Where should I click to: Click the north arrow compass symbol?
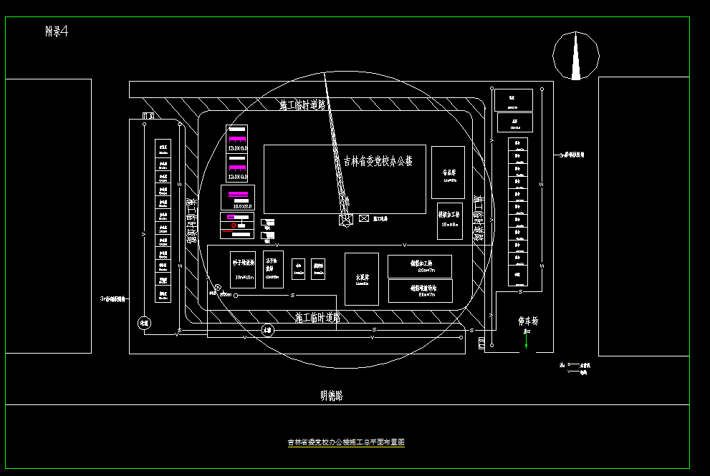tap(576, 55)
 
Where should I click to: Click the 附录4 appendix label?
tap(56, 31)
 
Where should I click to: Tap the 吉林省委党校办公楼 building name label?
tap(378, 161)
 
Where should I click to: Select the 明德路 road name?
tap(332, 395)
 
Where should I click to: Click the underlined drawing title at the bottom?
tap(346, 442)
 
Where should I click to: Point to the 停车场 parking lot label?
tap(528, 321)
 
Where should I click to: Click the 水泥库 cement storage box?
tap(362, 278)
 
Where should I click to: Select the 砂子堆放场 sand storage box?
tap(244, 270)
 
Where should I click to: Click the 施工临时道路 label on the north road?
tap(302, 105)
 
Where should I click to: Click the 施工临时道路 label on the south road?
tap(317, 316)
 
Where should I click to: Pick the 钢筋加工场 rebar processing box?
tap(420, 266)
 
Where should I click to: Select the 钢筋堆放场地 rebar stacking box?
tap(420, 291)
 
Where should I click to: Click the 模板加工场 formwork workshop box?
tap(449, 220)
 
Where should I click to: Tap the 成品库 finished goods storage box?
tap(448, 173)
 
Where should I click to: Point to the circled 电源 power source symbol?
tap(144, 323)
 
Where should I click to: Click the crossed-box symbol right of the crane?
tap(364, 218)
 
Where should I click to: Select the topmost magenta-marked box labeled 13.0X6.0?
tap(237, 138)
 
